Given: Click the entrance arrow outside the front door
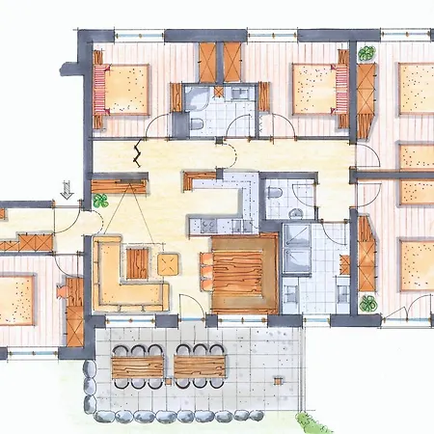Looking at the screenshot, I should (x=67, y=190).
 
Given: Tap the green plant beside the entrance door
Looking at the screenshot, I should (x=100, y=201).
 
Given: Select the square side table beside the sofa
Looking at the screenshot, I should (x=168, y=262).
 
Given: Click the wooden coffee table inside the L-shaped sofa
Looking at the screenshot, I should (x=138, y=262).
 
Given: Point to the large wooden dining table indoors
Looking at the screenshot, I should (x=244, y=273).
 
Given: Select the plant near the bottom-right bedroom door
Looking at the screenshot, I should (x=366, y=303).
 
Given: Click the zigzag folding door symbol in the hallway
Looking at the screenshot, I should (x=139, y=152).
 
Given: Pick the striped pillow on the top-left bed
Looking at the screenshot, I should (x=99, y=89).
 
